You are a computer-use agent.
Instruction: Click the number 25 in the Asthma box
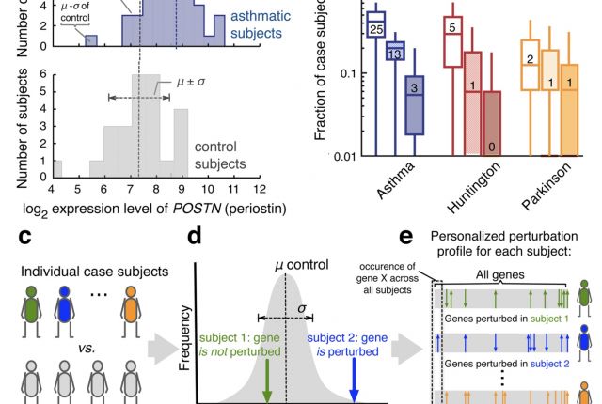pos(376,31)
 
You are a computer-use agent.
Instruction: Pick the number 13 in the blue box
pos(395,55)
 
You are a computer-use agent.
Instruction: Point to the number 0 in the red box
pos(492,148)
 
